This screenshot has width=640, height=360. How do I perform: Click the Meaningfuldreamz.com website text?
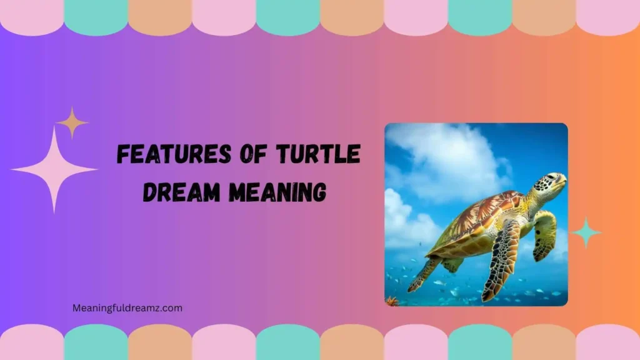(127, 307)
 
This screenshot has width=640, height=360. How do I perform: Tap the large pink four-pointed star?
(54, 169)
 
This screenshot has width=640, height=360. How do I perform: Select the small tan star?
(72, 122)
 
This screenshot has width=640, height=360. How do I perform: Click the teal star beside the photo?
(586, 232)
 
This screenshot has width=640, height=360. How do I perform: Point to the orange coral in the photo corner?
(392, 301)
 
